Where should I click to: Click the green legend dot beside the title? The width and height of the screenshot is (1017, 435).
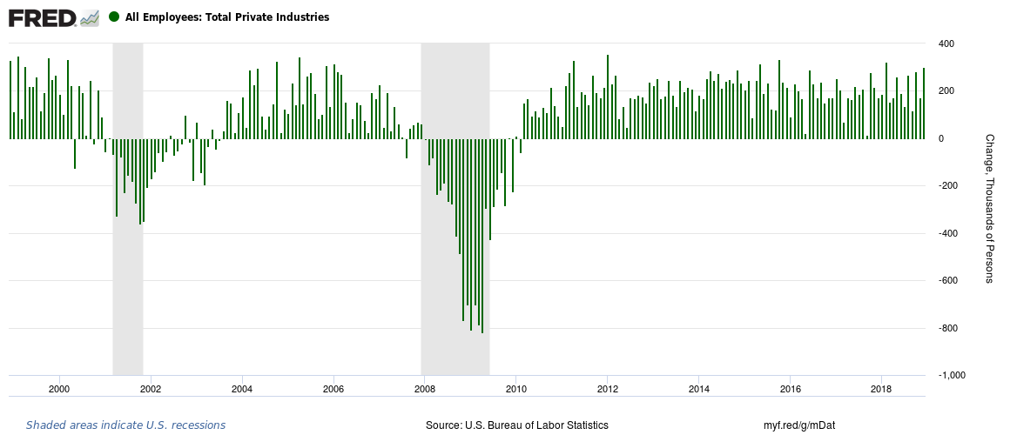pos(114,17)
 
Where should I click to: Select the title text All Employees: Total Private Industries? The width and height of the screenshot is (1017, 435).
pos(227,17)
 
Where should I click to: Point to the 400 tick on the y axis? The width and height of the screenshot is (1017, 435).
pos(946,43)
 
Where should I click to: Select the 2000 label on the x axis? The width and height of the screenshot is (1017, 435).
pos(59,388)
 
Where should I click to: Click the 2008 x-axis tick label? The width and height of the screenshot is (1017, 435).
pos(425,388)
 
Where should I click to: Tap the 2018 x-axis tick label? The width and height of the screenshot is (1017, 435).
pos(882,388)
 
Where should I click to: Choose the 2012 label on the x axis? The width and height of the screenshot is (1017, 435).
pos(608,388)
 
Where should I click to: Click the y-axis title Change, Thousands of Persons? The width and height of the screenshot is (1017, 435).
pos(989,209)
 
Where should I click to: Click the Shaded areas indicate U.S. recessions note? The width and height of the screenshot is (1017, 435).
pos(125,425)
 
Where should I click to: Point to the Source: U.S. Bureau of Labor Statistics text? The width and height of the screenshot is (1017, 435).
pos(517,425)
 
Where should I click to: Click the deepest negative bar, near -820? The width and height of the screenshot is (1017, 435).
pos(482,235)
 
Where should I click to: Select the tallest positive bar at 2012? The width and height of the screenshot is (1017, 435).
pos(608,96)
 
